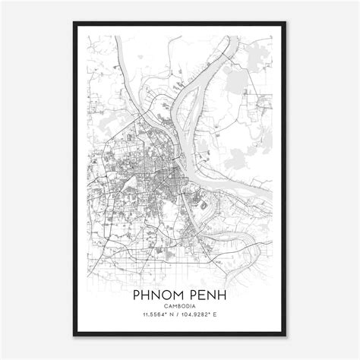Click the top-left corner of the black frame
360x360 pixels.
point(72,23)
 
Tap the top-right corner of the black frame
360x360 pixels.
point(288,23)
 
